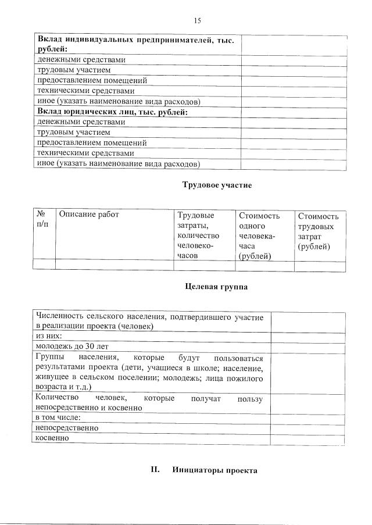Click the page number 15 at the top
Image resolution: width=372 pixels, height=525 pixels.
(198, 20)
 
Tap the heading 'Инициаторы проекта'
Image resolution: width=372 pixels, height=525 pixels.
(214, 470)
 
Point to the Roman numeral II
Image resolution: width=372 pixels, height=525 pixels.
(155, 470)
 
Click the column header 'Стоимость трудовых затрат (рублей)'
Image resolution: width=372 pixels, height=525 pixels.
(317, 231)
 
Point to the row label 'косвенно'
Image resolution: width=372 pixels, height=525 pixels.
(52, 438)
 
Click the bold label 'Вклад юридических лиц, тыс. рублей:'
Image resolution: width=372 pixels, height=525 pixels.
(112, 112)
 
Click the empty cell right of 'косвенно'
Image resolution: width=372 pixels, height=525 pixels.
(308, 438)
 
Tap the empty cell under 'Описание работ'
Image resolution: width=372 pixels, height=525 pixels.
(115, 266)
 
